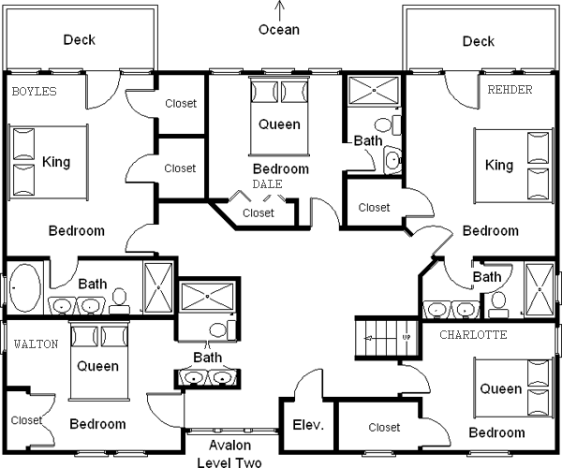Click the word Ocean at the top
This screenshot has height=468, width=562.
point(279,30)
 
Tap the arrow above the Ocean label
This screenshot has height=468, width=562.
point(279,10)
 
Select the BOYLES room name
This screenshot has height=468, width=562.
point(35,91)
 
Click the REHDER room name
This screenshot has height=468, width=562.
point(510,90)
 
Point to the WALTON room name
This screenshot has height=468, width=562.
point(37,344)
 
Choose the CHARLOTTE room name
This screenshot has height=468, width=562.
point(473,334)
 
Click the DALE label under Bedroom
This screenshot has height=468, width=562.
point(267,184)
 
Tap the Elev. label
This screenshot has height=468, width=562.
point(307,425)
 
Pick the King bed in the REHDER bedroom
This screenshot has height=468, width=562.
point(511,165)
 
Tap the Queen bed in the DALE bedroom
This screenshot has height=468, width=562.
point(279,112)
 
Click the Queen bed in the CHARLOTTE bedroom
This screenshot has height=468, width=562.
point(513,388)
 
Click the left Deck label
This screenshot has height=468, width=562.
point(80,40)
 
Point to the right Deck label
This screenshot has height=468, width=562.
point(478,41)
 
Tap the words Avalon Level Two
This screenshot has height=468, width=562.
point(229,454)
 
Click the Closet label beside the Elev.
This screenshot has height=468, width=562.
point(384,428)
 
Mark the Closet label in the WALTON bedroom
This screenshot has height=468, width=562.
point(26,420)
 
